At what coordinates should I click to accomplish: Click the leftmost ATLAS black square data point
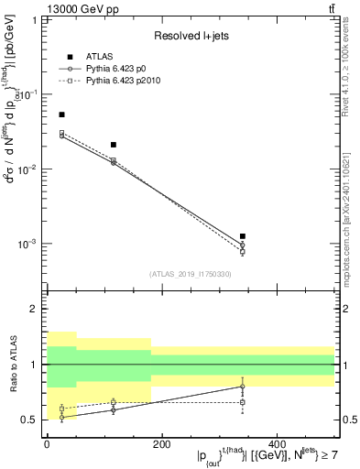tap(61, 115)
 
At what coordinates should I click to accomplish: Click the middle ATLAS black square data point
tap(114, 145)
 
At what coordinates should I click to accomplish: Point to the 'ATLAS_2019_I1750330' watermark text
tap(190, 273)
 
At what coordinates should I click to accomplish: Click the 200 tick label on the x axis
tap(161, 444)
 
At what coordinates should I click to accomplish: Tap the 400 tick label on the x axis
tap(277, 444)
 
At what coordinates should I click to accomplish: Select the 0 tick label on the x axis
tap(47, 444)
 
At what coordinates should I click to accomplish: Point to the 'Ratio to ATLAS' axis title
tap(12, 365)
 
